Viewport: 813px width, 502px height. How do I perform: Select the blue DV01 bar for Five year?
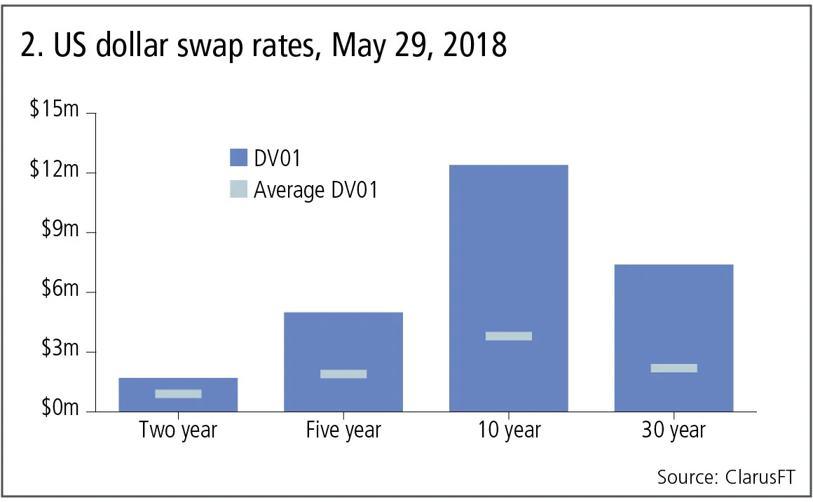[x=343, y=344]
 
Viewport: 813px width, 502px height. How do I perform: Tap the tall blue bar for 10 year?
[x=509, y=245]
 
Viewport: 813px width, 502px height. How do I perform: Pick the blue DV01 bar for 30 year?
[x=674, y=316]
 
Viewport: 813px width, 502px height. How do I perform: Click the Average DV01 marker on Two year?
[x=178, y=394]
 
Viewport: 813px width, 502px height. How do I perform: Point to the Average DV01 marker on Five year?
[x=343, y=374]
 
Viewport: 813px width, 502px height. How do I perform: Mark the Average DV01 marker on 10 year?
[x=509, y=337]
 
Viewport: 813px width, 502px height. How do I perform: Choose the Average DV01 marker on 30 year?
[x=674, y=368]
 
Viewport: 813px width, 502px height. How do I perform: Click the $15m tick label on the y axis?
[x=54, y=113]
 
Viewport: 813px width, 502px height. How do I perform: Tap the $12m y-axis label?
[x=54, y=172]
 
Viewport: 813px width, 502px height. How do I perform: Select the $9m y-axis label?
[x=59, y=232]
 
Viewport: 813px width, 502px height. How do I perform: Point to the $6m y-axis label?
[x=59, y=292]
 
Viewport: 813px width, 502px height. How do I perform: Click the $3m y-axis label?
[x=59, y=351]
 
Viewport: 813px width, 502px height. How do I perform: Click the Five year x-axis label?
[x=343, y=430]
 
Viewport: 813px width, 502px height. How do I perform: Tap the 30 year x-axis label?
[x=674, y=430]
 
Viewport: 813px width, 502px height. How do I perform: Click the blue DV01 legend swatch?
[x=238, y=158]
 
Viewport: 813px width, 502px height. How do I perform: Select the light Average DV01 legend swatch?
[x=238, y=189]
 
